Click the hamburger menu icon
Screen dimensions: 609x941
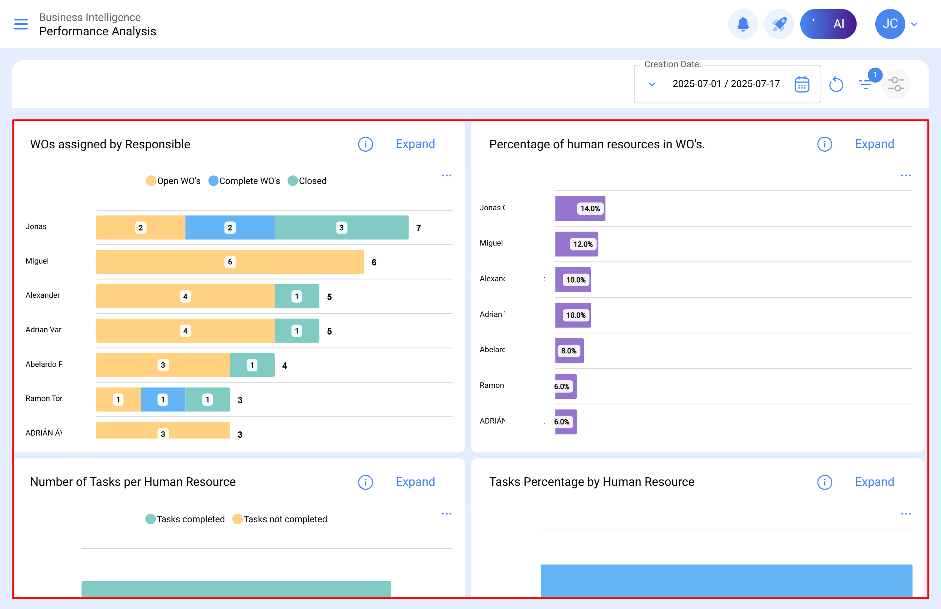[x=21, y=24]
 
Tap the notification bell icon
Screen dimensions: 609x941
[x=743, y=24]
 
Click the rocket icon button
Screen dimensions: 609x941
[x=779, y=24]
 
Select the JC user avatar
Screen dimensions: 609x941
[x=890, y=24]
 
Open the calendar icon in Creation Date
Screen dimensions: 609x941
[x=801, y=84]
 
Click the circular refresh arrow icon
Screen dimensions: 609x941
[x=836, y=84]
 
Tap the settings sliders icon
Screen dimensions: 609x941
[x=896, y=84]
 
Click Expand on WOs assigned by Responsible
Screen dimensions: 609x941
[x=415, y=144]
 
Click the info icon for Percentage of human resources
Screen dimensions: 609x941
[x=824, y=144]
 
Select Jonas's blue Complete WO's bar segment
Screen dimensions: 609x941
[x=230, y=228]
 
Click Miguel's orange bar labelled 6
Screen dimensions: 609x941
[x=230, y=262]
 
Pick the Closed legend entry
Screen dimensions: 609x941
[x=307, y=181]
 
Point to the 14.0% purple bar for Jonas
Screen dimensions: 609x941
[x=580, y=208]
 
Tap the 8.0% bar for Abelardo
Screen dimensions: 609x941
[x=569, y=351]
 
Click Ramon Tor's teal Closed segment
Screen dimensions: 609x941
[x=207, y=399]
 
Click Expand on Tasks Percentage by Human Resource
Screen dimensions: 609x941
[x=874, y=482]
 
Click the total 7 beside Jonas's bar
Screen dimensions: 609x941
[x=418, y=228]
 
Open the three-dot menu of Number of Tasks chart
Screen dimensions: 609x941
[x=446, y=514]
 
